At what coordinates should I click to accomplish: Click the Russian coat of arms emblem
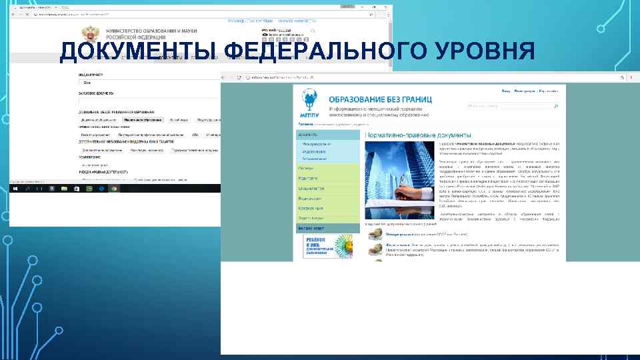tap(88, 35)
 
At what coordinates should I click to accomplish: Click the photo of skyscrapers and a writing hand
tap(399, 182)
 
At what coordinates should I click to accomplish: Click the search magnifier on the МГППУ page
tap(557, 105)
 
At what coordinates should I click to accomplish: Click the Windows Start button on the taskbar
tap(14, 189)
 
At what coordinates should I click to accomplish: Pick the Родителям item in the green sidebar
tap(309, 178)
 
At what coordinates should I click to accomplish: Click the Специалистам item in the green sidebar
tap(311, 188)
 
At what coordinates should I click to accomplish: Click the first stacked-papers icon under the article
tap(376, 236)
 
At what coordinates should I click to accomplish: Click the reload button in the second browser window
tap(239, 77)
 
